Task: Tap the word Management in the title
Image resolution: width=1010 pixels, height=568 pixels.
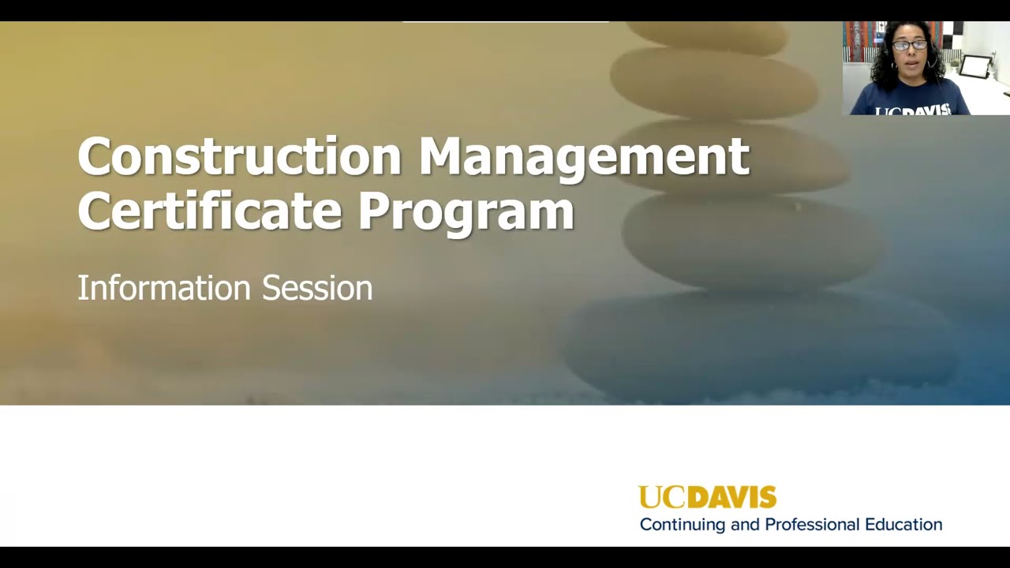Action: (x=584, y=156)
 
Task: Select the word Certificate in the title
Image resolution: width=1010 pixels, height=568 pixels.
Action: (x=210, y=210)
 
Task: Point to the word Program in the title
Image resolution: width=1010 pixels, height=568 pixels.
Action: (x=466, y=211)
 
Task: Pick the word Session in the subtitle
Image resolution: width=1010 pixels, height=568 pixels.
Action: (x=317, y=288)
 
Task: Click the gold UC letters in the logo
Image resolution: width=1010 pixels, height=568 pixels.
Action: (x=661, y=497)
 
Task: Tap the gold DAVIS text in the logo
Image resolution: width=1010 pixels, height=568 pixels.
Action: (x=731, y=497)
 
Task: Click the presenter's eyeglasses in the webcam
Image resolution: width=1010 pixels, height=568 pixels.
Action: (x=910, y=45)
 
